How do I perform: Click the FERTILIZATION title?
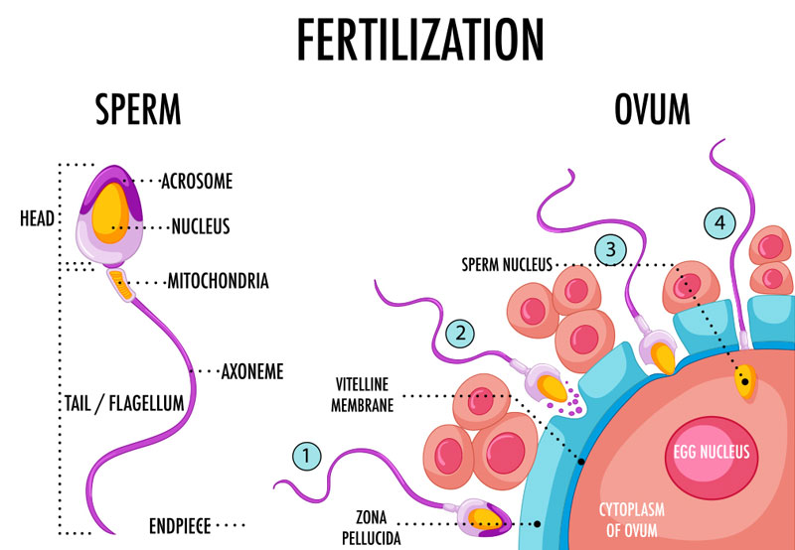pyautogui.click(x=419, y=40)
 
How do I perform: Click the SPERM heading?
pyautogui.click(x=138, y=109)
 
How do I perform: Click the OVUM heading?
pyautogui.click(x=652, y=109)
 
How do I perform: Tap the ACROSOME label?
pyautogui.click(x=197, y=181)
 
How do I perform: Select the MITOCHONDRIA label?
pyautogui.click(x=218, y=281)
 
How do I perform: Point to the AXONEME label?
pyautogui.click(x=252, y=372)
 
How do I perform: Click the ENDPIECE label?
pyautogui.click(x=180, y=526)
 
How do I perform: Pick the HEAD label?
pyautogui.click(x=37, y=218)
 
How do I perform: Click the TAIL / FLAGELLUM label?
pyautogui.click(x=124, y=404)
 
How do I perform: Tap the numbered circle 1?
pyautogui.click(x=307, y=457)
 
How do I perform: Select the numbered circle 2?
pyautogui.click(x=460, y=334)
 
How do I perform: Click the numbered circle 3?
pyautogui.click(x=611, y=249)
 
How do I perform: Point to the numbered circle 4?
pyautogui.click(x=719, y=222)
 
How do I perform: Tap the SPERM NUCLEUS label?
pyautogui.click(x=507, y=264)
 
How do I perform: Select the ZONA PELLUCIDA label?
pyautogui.click(x=372, y=527)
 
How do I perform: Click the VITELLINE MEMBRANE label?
pyautogui.click(x=363, y=394)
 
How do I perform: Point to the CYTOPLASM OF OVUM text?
pyautogui.click(x=632, y=519)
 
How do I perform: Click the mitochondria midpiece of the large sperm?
pyautogui.click(x=120, y=285)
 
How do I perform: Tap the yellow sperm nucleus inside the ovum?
pyautogui.click(x=745, y=381)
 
